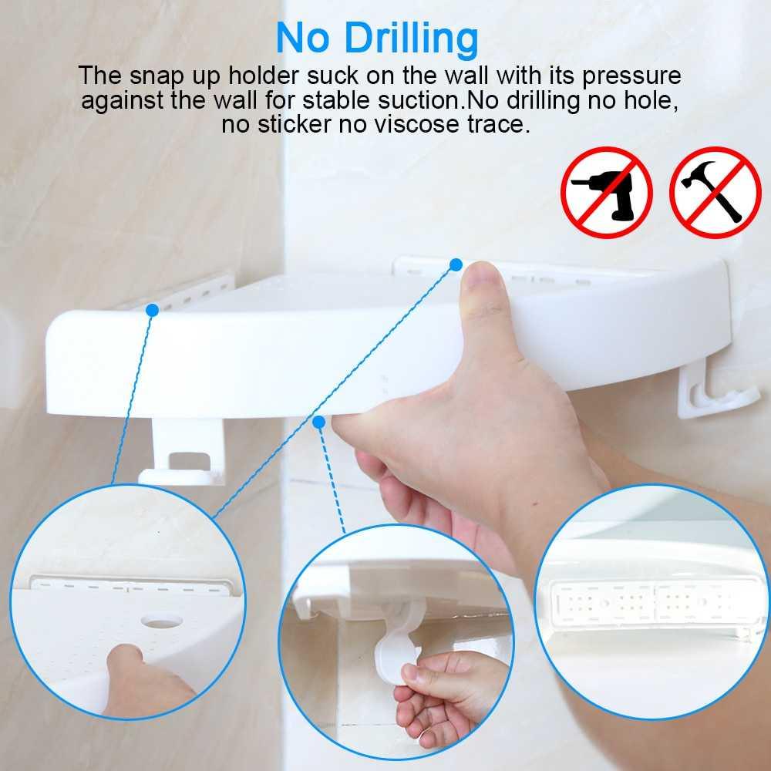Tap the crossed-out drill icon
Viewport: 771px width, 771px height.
(x=607, y=192)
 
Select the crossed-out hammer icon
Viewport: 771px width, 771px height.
(x=715, y=192)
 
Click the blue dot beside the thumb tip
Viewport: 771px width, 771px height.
(x=456, y=264)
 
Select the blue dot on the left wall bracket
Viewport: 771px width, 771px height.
(x=152, y=310)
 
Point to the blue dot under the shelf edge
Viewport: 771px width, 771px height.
(x=318, y=421)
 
